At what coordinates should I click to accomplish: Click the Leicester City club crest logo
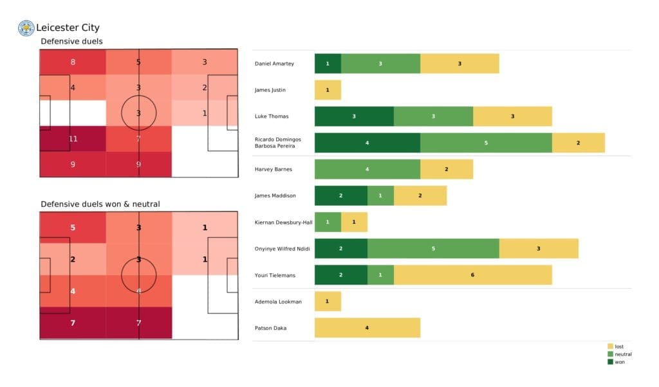(x=26, y=28)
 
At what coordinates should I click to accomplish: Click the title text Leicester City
(x=68, y=28)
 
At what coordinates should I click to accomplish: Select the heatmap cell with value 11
(x=73, y=138)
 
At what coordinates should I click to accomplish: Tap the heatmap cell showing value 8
(x=73, y=62)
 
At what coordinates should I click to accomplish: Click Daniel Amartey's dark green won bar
(x=328, y=64)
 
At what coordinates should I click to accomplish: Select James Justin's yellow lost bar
(x=328, y=90)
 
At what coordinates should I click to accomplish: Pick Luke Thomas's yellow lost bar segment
(x=512, y=116)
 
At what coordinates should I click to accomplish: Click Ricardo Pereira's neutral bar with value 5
(x=486, y=143)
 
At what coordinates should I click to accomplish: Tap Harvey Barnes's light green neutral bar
(x=367, y=169)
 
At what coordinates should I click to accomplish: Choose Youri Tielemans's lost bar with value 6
(x=472, y=274)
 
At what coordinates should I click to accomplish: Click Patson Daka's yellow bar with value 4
(x=367, y=327)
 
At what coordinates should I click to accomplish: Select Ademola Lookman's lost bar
(x=328, y=301)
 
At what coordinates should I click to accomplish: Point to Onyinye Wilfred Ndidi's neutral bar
(x=433, y=248)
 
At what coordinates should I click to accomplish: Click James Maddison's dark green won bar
(x=340, y=195)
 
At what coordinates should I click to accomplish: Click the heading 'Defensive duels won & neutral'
(x=100, y=204)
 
